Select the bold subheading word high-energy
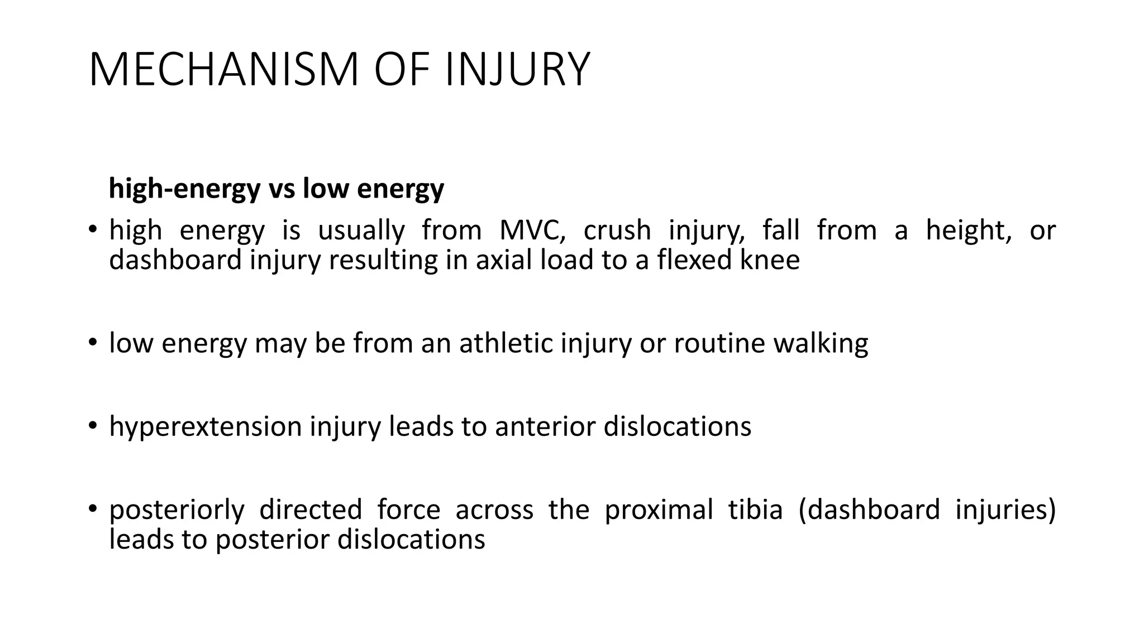(x=184, y=189)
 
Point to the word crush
(x=617, y=231)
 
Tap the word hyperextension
(x=206, y=427)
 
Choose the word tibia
(x=755, y=510)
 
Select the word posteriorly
(x=177, y=510)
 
